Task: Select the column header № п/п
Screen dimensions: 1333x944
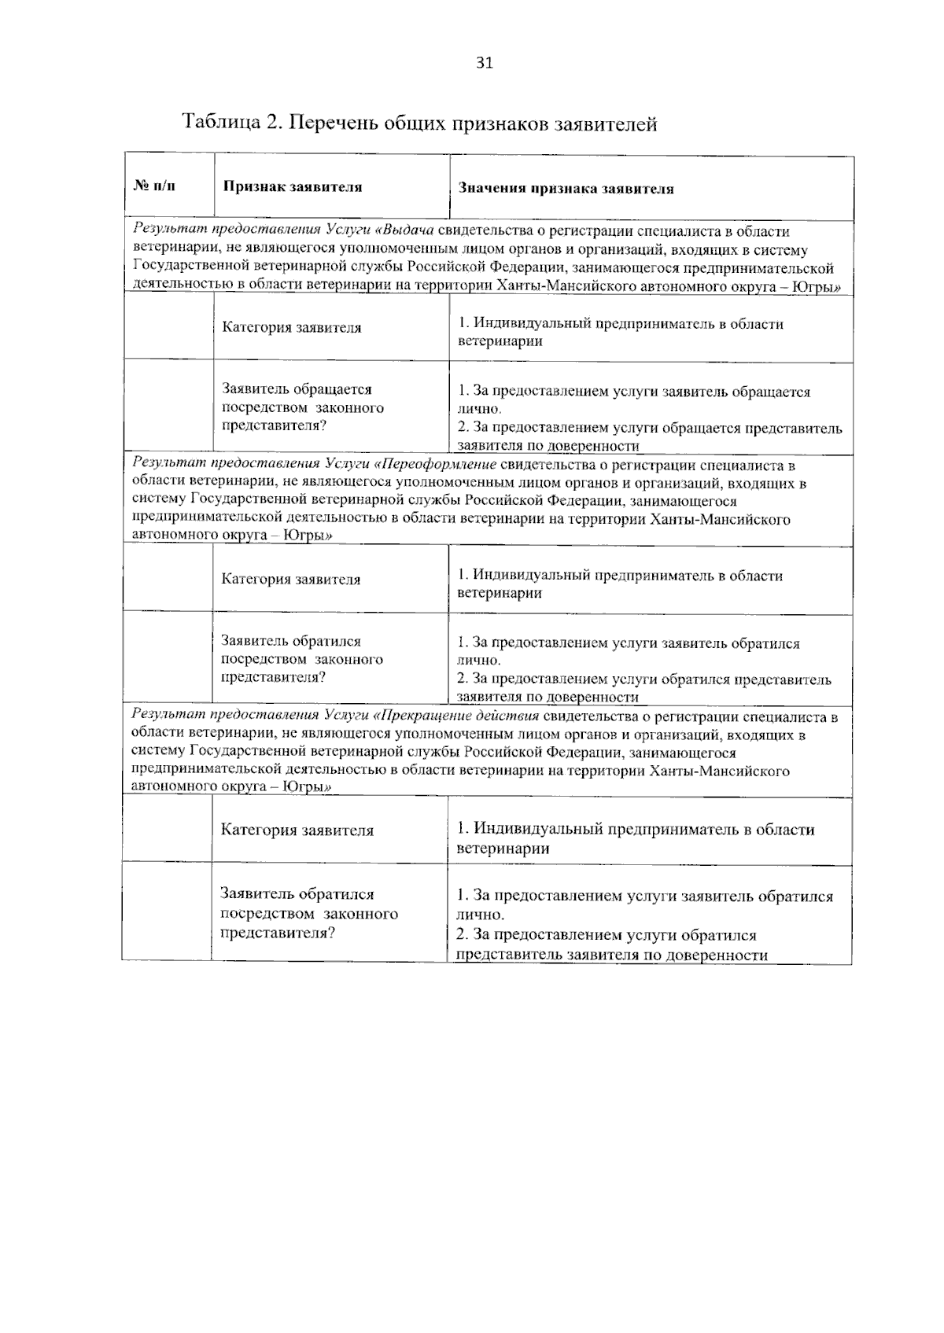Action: pos(154,186)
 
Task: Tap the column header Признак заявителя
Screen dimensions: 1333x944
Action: pos(293,187)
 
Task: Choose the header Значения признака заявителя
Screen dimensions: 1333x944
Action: pos(566,189)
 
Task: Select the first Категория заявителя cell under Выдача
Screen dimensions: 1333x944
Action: pos(292,328)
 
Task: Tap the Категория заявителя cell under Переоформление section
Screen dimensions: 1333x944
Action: pos(291,580)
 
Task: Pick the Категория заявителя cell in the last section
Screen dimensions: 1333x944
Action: pos(297,830)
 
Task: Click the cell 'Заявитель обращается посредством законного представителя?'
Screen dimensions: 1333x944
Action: pos(303,407)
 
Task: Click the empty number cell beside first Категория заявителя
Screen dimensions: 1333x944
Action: pos(168,328)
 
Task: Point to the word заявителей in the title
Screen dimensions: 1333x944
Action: pos(605,123)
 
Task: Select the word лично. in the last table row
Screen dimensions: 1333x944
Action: pos(480,915)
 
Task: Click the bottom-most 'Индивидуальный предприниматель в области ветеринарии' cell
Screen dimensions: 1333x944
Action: pos(635,838)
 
